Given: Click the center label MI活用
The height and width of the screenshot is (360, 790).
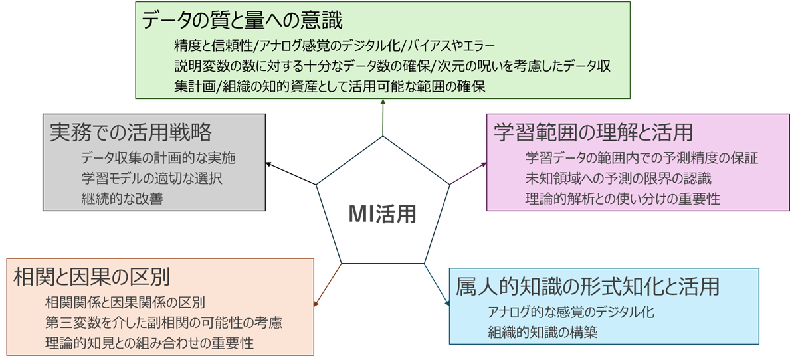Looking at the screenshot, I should [x=383, y=213].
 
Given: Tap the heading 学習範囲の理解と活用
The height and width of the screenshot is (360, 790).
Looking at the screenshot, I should [x=593, y=132].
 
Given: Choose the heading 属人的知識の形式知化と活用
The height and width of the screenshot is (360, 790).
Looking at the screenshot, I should [x=587, y=286].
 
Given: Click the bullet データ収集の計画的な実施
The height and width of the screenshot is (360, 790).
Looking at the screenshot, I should [x=158, y=159].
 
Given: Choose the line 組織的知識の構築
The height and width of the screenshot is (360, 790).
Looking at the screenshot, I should [x=542, y=332].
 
